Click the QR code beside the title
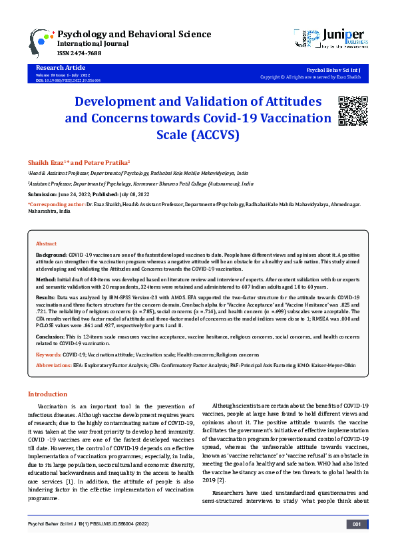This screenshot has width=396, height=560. [352, 111]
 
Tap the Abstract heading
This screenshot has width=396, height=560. [46, 244]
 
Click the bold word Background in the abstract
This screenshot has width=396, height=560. [51, 255]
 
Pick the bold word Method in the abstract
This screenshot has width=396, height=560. [46, 280]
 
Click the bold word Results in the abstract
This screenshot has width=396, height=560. [46, 297]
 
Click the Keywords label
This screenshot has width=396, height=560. [48, 355]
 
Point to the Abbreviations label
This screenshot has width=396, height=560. [53, 365]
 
